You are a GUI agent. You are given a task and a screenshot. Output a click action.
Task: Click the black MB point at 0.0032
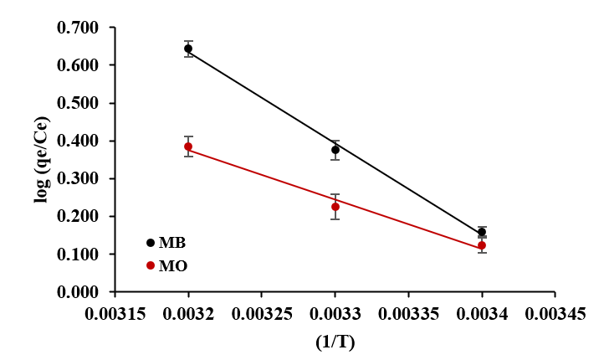(x=188, y=49)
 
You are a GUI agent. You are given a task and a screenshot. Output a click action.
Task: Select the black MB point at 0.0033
(x=335, y=150)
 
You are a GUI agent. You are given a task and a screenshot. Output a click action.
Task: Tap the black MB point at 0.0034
(x=482, y=233)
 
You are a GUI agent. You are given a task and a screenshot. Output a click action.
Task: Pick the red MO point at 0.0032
(x=188, y=147)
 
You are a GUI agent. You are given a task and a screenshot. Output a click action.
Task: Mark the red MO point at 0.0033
(x=335, y=207)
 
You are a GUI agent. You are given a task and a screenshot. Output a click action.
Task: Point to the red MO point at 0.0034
(x=482, y=245)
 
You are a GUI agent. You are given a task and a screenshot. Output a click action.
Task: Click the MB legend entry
(x=166, y=243)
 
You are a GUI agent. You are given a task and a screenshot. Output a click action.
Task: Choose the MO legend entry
(x=166, y=265)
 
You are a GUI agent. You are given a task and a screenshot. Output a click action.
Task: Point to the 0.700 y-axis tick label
(x=78, y=28)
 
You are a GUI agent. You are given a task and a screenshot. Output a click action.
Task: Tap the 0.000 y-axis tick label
(x=78, y=292)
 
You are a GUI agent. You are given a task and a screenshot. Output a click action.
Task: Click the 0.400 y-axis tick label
(x=78, y=141)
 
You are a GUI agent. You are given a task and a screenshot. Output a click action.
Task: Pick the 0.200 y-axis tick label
(x=78, y=217)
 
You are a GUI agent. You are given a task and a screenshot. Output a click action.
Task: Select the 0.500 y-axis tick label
(x=78, y=104)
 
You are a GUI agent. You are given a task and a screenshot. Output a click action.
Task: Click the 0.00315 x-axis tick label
(x=115, y=313)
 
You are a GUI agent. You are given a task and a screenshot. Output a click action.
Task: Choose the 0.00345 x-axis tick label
(x=555, y=313)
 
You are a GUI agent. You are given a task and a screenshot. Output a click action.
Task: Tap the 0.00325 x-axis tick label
(x=261, y=313)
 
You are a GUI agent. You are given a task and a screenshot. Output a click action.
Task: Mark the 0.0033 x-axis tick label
(x=335, y=313)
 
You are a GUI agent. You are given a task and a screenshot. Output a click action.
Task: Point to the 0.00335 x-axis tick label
(x=408, y=313)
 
